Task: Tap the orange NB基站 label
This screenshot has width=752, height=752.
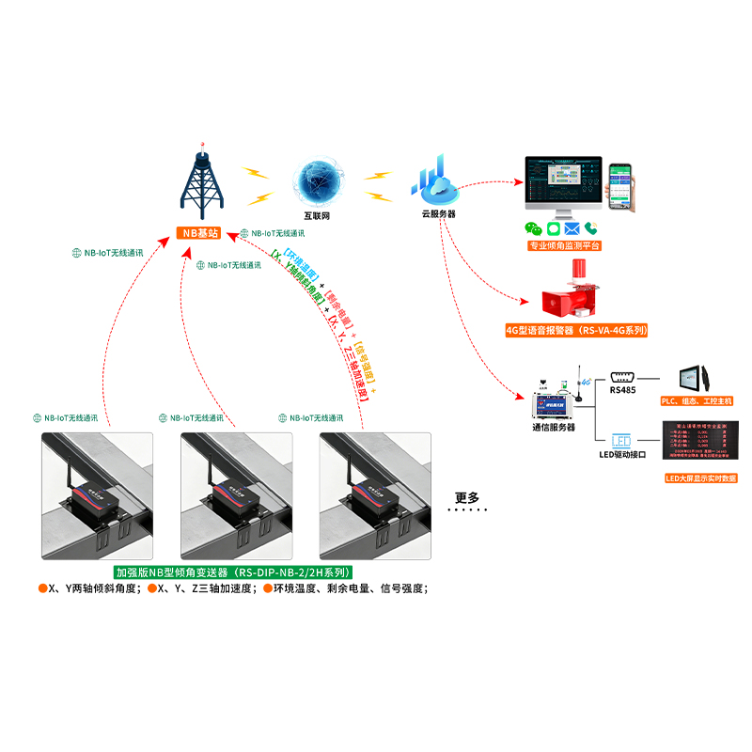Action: (201, 232)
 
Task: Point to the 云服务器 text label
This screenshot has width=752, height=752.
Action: (438, 214)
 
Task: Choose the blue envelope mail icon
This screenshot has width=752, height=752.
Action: (572, 227)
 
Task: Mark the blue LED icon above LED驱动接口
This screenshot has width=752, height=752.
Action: (623, 439)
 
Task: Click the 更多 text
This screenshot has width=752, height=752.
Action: (467, 497)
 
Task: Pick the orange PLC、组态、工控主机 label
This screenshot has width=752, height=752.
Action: (697, 400)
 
